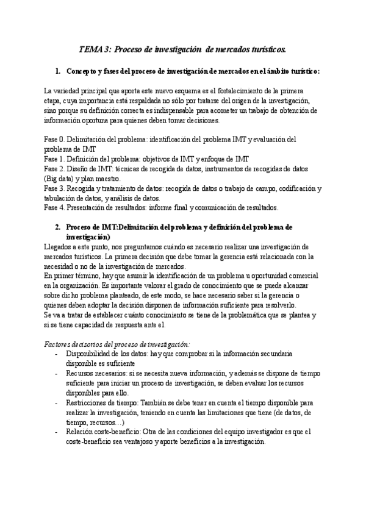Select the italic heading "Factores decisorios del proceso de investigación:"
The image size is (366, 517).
118,344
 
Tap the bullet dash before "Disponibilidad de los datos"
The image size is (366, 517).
57,354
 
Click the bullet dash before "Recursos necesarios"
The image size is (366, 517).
57,373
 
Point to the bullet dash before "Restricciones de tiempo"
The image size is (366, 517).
57,402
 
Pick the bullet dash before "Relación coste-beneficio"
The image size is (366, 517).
57,432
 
